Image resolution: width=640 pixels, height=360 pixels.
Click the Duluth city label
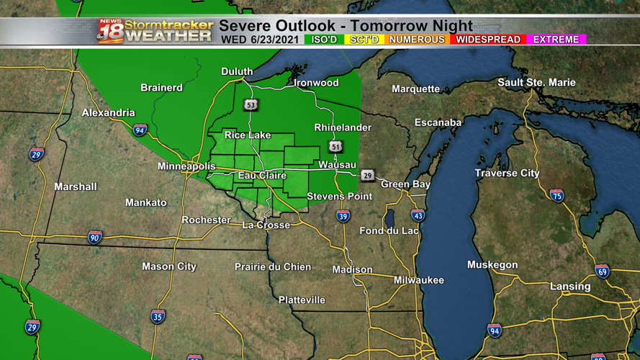(237, 71)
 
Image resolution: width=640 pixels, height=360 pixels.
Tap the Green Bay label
(405, 184)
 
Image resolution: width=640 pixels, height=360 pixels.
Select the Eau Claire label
(263, 176)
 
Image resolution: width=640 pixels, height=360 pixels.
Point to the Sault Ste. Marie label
(536, 83)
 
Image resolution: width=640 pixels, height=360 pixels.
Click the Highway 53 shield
(251, 105)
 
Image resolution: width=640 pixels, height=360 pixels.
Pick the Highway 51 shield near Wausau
(335, 146)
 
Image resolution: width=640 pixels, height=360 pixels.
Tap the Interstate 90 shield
(95, 237)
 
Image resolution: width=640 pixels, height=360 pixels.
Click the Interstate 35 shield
(158, 316)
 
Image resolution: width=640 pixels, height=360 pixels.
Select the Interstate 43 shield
(418, 215)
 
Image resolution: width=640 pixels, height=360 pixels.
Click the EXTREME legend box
(556, 40)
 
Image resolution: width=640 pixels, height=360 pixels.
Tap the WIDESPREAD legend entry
(488, 40)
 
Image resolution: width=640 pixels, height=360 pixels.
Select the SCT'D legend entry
(364, 40)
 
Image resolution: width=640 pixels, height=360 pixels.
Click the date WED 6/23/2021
(261, 40)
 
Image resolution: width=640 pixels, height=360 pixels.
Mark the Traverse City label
(507, 174)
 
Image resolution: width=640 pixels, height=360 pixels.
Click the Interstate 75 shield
(556, 195)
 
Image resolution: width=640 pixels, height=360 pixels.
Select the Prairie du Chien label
(273, 267)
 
